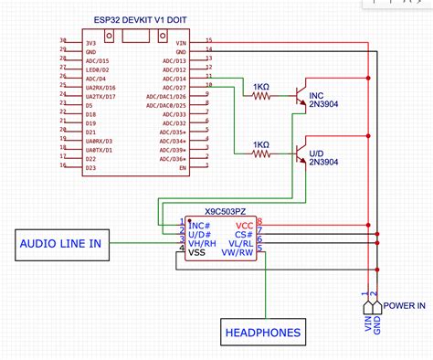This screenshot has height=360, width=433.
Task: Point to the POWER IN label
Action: tap(402, 306)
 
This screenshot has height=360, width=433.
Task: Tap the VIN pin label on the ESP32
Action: tap(181, 42)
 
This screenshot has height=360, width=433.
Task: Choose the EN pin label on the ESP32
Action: tap(183, 168)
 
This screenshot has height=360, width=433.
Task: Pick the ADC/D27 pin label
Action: tap(174, 87)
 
